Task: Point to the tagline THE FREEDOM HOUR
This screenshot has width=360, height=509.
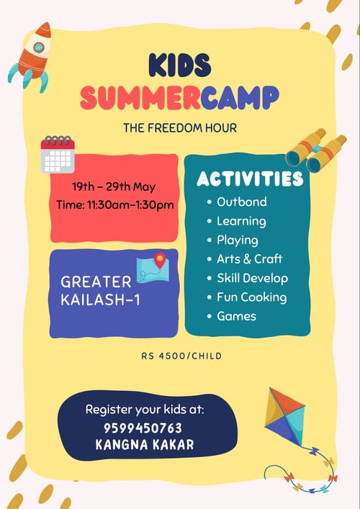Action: pos(179,129)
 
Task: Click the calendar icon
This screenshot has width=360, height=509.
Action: pos(58,154)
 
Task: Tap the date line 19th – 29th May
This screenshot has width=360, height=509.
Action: pos(114,186)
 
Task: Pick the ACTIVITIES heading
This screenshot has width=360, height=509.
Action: pos(250,179)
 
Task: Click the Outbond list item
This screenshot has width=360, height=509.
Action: pos(241,202)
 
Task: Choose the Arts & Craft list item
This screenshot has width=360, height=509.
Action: pos(249,258)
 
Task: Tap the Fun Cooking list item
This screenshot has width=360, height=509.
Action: pos(251,297)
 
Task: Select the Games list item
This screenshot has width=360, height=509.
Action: pos(237,315)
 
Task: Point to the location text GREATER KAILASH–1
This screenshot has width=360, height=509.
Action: pos(101,290)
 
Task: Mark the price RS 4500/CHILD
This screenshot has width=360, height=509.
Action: pos(179,356)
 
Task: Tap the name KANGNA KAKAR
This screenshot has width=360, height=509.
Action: pos(145,445)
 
